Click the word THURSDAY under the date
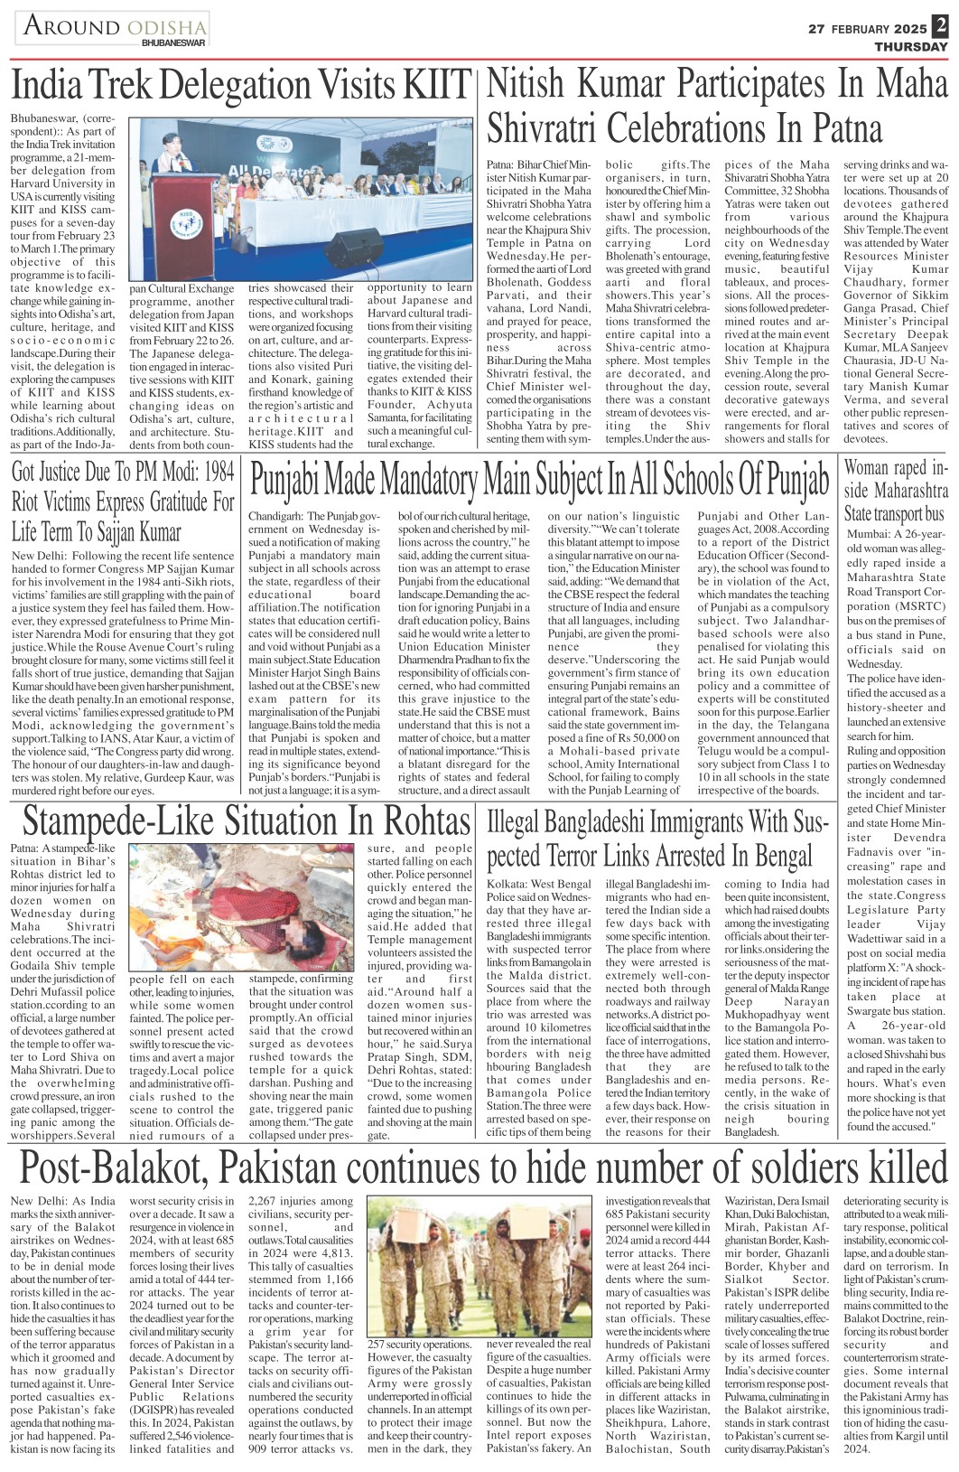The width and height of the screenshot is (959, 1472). (911, 47)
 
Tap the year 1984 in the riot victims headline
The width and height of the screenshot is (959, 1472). (217, 472)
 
